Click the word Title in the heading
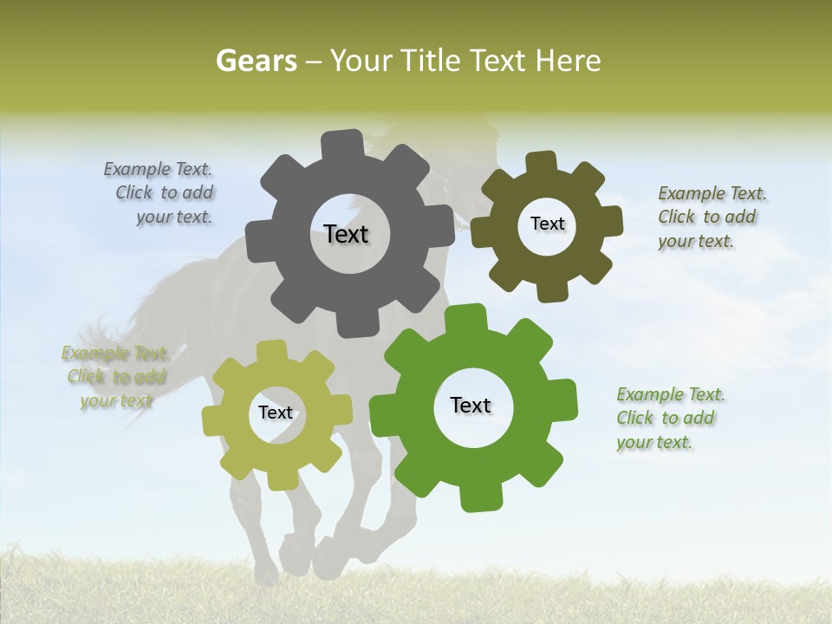click(430, 61)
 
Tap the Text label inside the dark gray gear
click(346, 234)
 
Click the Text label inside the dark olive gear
click(547, 224)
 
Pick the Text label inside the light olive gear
click(276, 413)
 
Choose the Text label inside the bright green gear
click(471, 405)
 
